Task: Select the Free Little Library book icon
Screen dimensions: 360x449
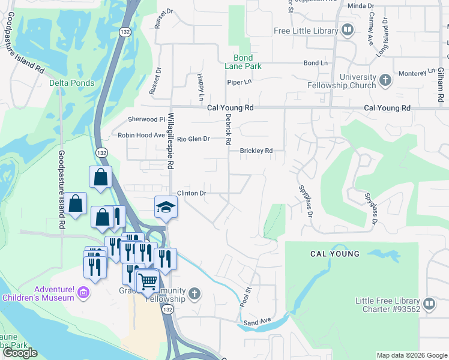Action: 347,29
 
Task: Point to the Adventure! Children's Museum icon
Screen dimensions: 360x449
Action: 83,293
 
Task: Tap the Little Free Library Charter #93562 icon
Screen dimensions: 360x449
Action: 429,304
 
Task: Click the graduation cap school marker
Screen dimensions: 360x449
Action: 166,207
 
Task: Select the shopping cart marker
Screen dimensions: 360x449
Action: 147,280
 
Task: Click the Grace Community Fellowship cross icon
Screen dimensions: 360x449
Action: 193,293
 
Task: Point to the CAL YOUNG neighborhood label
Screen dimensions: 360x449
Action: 335,254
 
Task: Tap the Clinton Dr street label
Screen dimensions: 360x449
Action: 191,193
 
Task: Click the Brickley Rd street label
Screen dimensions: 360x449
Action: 256,151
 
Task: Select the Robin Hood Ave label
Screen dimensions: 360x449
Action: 141,136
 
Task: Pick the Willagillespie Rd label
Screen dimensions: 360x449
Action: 170,140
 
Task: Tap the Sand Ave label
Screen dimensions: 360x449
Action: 258,323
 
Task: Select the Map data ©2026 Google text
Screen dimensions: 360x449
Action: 411,355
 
